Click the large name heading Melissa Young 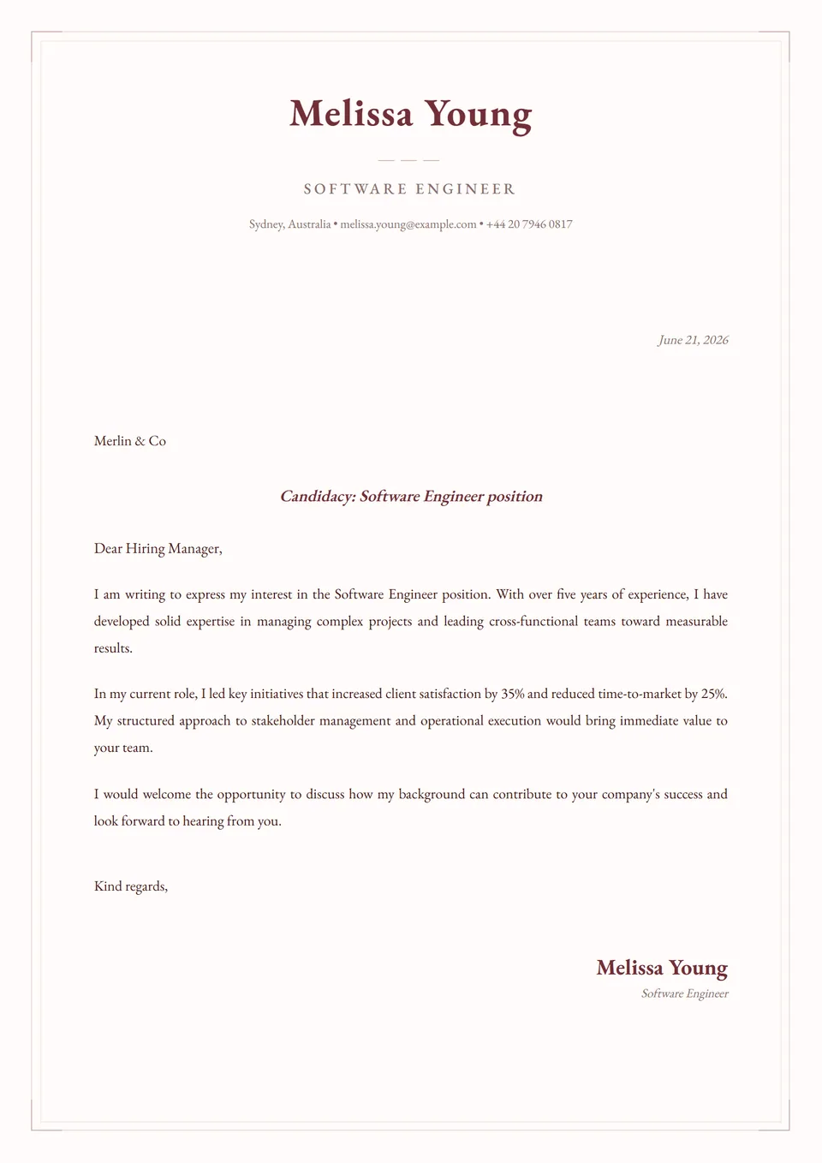tap(410, 114)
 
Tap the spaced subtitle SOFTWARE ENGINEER tap(410, 189)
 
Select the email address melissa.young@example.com tap(408, 224)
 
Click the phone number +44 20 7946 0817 tap(529, 224)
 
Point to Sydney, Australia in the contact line tap(289, 224)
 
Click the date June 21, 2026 tap(693, 340)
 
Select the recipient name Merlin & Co tap(130, 441)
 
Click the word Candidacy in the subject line tap(317, 497)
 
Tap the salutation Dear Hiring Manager tap(158, 549)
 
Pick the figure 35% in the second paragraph tap(513, 694)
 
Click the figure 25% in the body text tap(713, 694)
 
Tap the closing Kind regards tap(130, 886)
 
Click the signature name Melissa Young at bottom tap(662, 968)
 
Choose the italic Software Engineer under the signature tap(684, 993)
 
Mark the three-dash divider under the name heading tap(408, 160)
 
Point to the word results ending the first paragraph tap(112, 648)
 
